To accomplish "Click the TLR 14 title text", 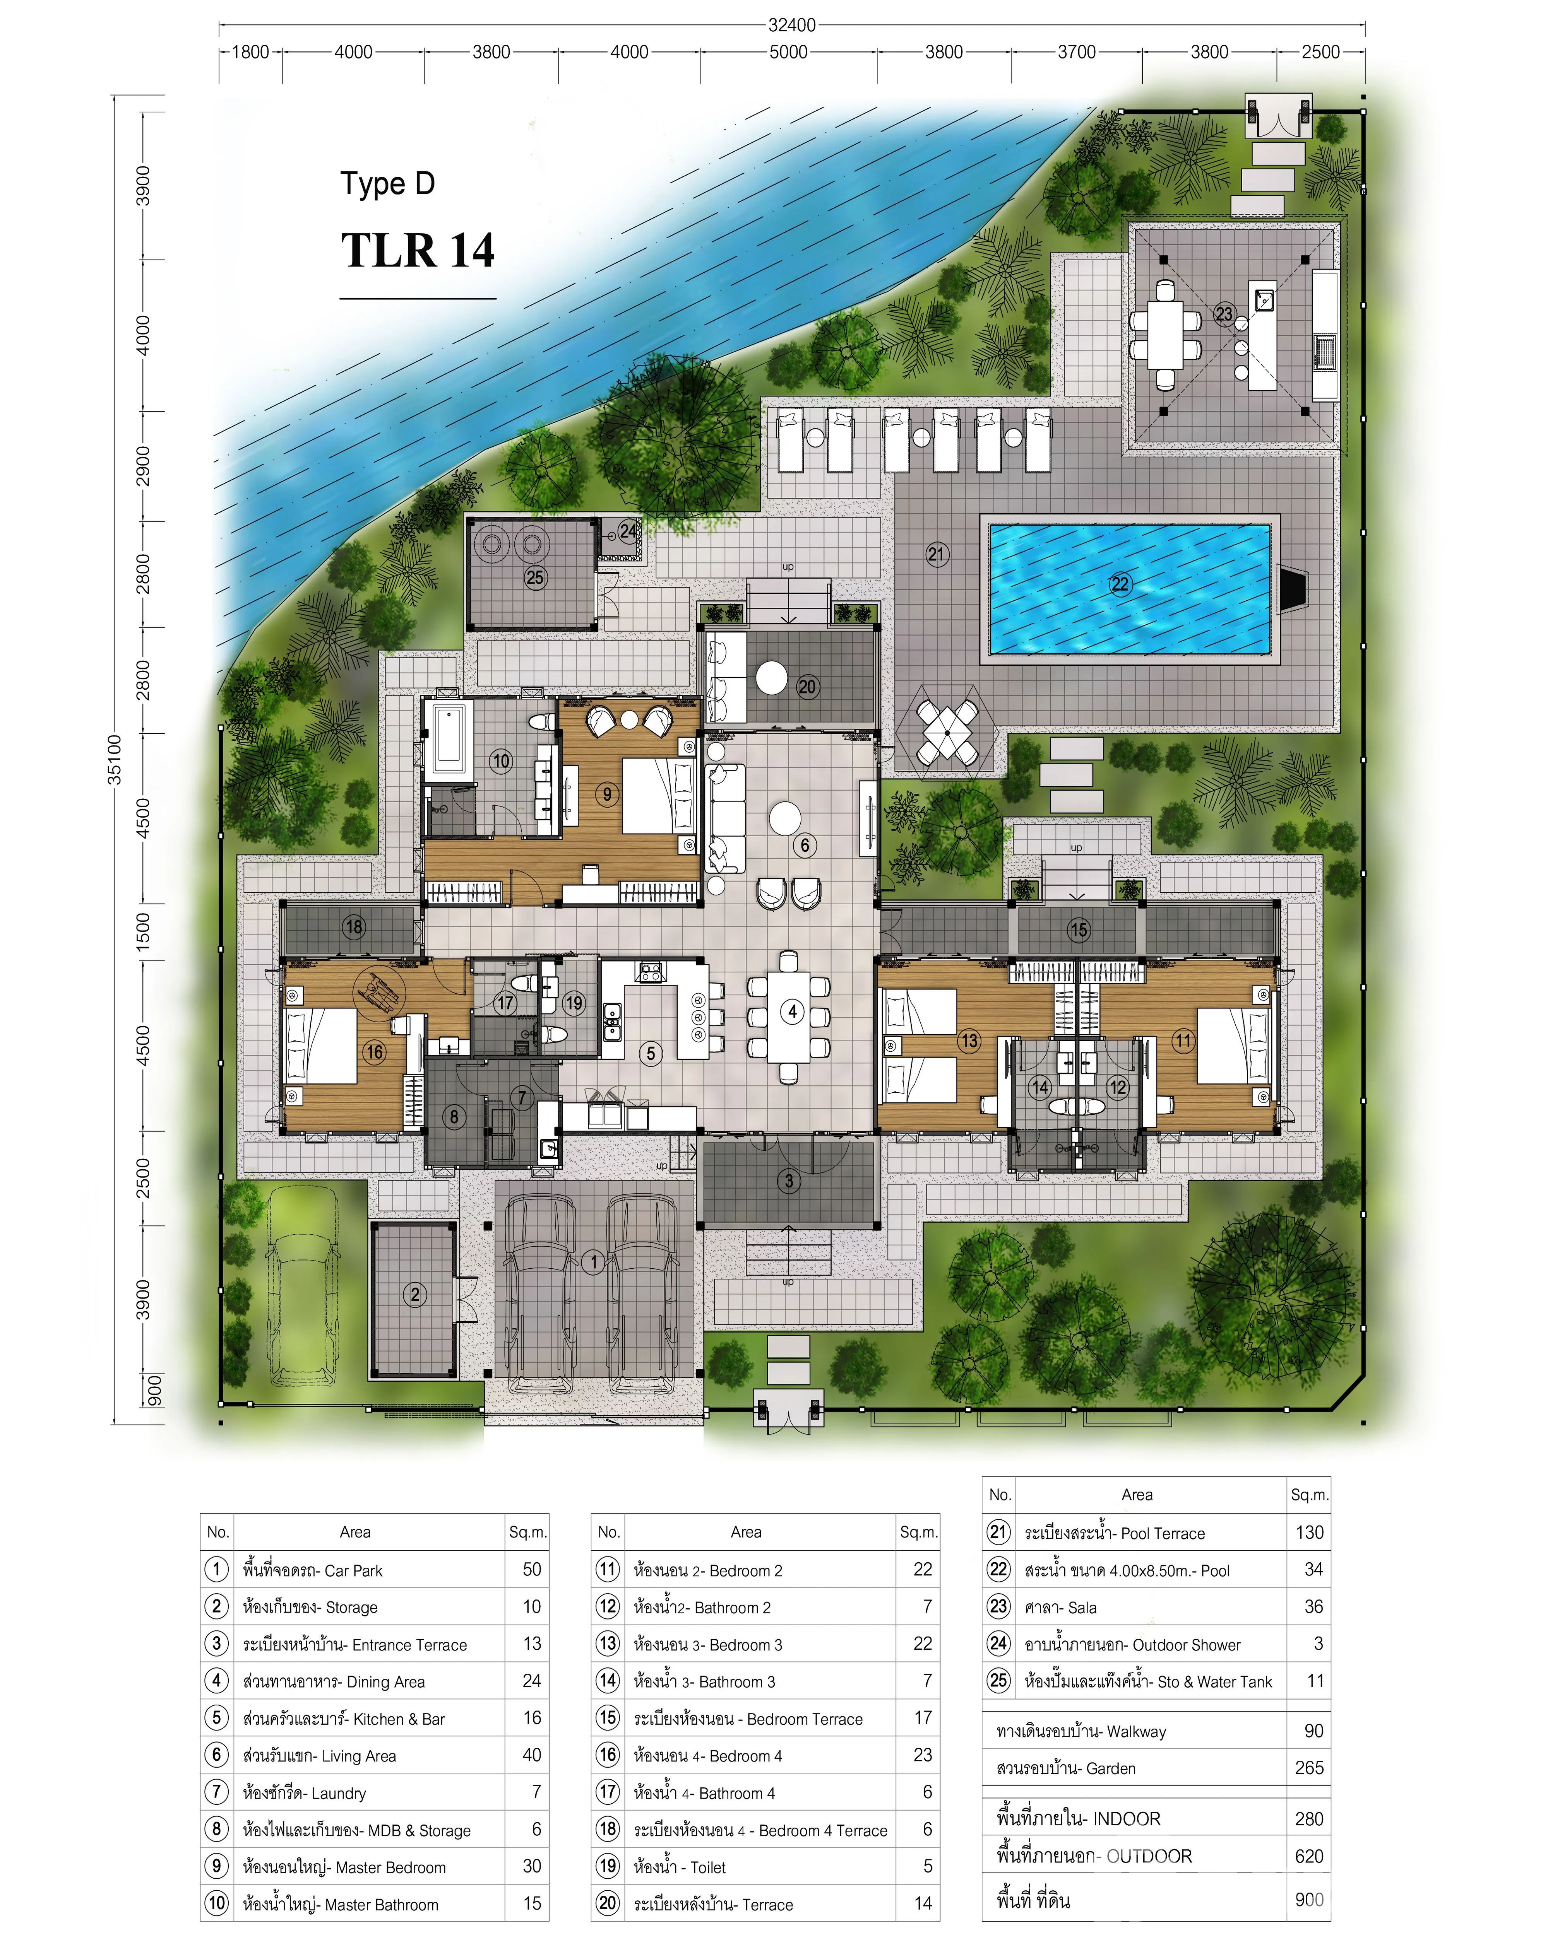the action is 417,250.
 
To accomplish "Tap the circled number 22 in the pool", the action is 1120,584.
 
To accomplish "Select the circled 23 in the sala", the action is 1224,314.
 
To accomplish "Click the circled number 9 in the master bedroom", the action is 608,794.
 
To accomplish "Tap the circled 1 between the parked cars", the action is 593,1262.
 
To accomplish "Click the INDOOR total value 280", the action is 1309,1818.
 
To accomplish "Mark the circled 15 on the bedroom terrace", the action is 1079,929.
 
